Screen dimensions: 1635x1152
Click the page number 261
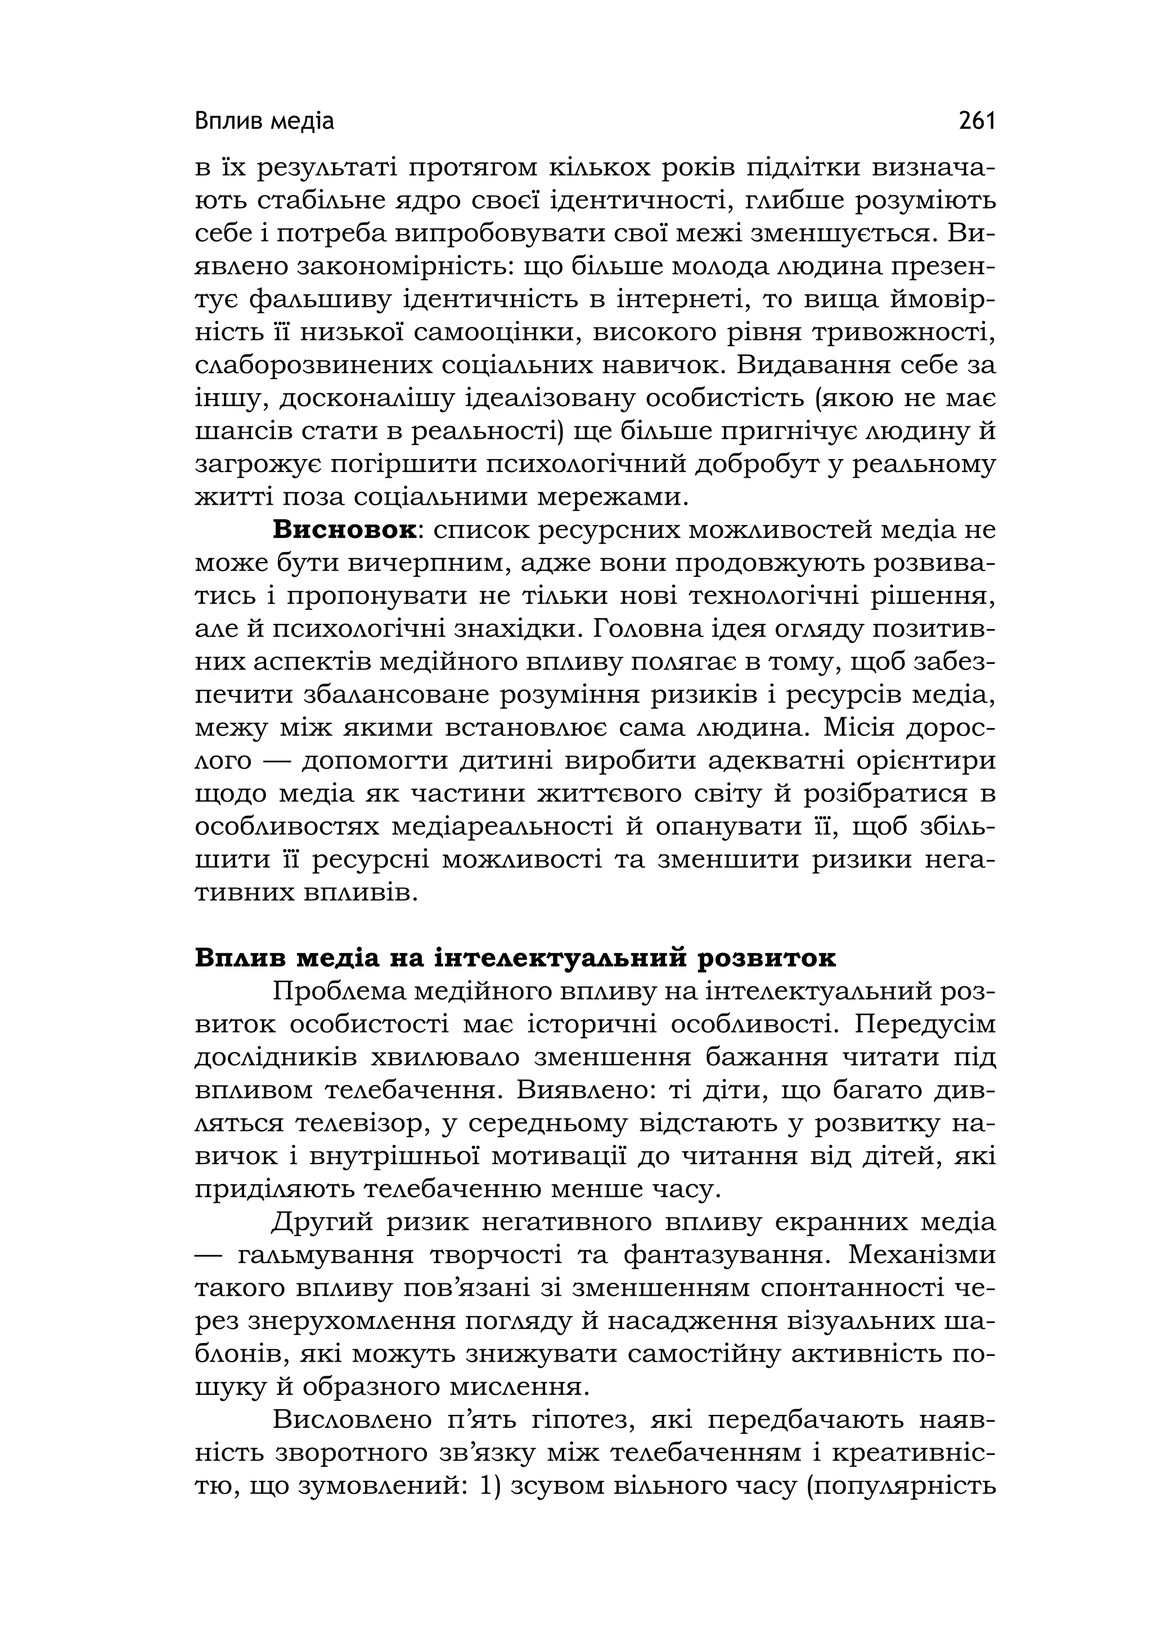[976, 121]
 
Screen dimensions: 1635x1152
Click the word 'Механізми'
[921, 1255]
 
